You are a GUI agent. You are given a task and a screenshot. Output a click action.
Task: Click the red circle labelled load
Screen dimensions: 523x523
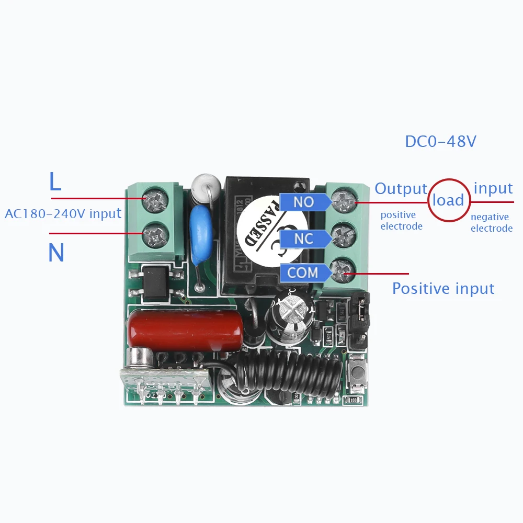449,200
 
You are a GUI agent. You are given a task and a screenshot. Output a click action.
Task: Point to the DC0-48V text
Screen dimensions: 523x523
440,142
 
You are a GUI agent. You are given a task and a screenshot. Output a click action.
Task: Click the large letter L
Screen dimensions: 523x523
55,181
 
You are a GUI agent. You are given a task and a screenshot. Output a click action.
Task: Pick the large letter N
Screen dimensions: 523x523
56,253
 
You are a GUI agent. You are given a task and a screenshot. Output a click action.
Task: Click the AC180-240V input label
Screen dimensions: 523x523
63,213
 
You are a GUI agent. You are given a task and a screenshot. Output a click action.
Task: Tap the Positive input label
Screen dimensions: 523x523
443,289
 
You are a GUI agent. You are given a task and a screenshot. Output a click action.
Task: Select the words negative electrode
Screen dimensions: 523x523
492,223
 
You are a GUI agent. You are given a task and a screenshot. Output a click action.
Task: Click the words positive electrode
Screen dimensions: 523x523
401,221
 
